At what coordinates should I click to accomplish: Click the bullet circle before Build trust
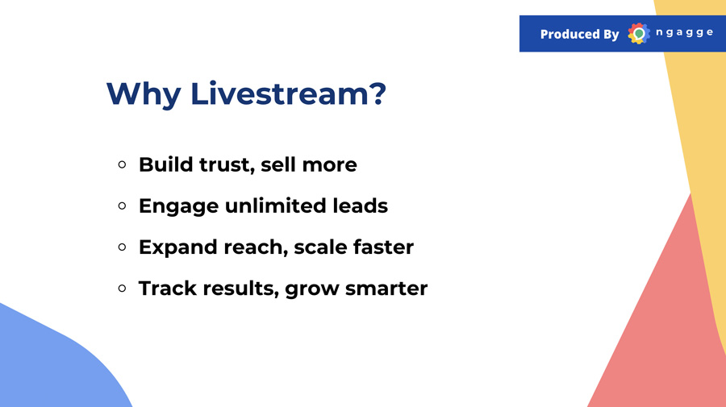[123, 164]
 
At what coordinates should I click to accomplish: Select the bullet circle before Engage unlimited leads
[123, 206]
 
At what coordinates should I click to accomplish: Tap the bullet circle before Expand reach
[123, 247]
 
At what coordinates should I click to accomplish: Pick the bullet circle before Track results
[123, 289]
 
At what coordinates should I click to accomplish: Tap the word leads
[361, 206]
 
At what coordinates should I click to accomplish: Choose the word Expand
[178, 248]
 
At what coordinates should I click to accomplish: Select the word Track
[168, 289]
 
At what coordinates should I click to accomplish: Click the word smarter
[386, 289]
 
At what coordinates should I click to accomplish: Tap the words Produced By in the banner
[580, 34]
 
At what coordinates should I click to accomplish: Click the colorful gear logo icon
[639, 33]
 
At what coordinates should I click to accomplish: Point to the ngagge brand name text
[684, 33]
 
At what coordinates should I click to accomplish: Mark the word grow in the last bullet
[311, 290]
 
